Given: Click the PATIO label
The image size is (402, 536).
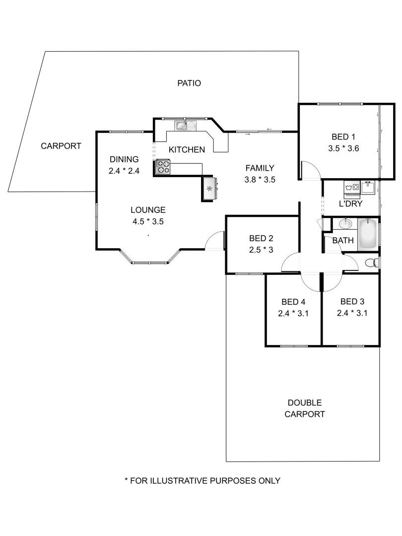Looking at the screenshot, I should pyautogui.click(x=189, y=83).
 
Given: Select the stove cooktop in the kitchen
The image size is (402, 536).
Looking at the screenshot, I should pyautogui.click(x=163, y=167).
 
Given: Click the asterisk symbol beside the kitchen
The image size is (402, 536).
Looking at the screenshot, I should pyautogui.click(x=209, y=189).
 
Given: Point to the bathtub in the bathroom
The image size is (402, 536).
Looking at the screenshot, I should pyautogui.click(x=368, y=233).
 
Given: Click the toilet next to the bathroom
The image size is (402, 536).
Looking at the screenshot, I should pyautogui.click(x=371, y=263).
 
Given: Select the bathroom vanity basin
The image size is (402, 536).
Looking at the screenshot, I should pyautogui.click(x=345, y=224).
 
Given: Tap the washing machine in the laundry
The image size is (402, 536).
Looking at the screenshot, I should pyautogui.click(x=352, y=188).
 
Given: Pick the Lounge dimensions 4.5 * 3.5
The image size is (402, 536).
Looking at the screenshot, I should pyautogui.click(x=148, y=221).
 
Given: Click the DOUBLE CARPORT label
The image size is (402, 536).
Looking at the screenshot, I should pyautogui.click(x=304, y=408).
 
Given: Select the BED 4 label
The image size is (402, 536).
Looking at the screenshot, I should pyautogui.click(x=293, y=301).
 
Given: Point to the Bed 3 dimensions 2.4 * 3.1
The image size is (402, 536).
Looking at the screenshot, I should pyautogui.click(x=352, y=313).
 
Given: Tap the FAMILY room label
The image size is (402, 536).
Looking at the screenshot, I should pyautogui.click(x=260, y=168).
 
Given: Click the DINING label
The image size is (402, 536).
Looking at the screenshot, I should pyautogui.click(x=124, y=159).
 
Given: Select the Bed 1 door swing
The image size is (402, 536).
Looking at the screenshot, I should pyautogui.click(x=311, y=170).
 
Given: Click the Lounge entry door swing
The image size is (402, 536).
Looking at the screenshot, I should pyautogui.click(x=216, y=241).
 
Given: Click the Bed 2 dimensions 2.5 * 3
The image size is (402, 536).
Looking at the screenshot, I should pyautogui.click(x=261, y=250).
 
